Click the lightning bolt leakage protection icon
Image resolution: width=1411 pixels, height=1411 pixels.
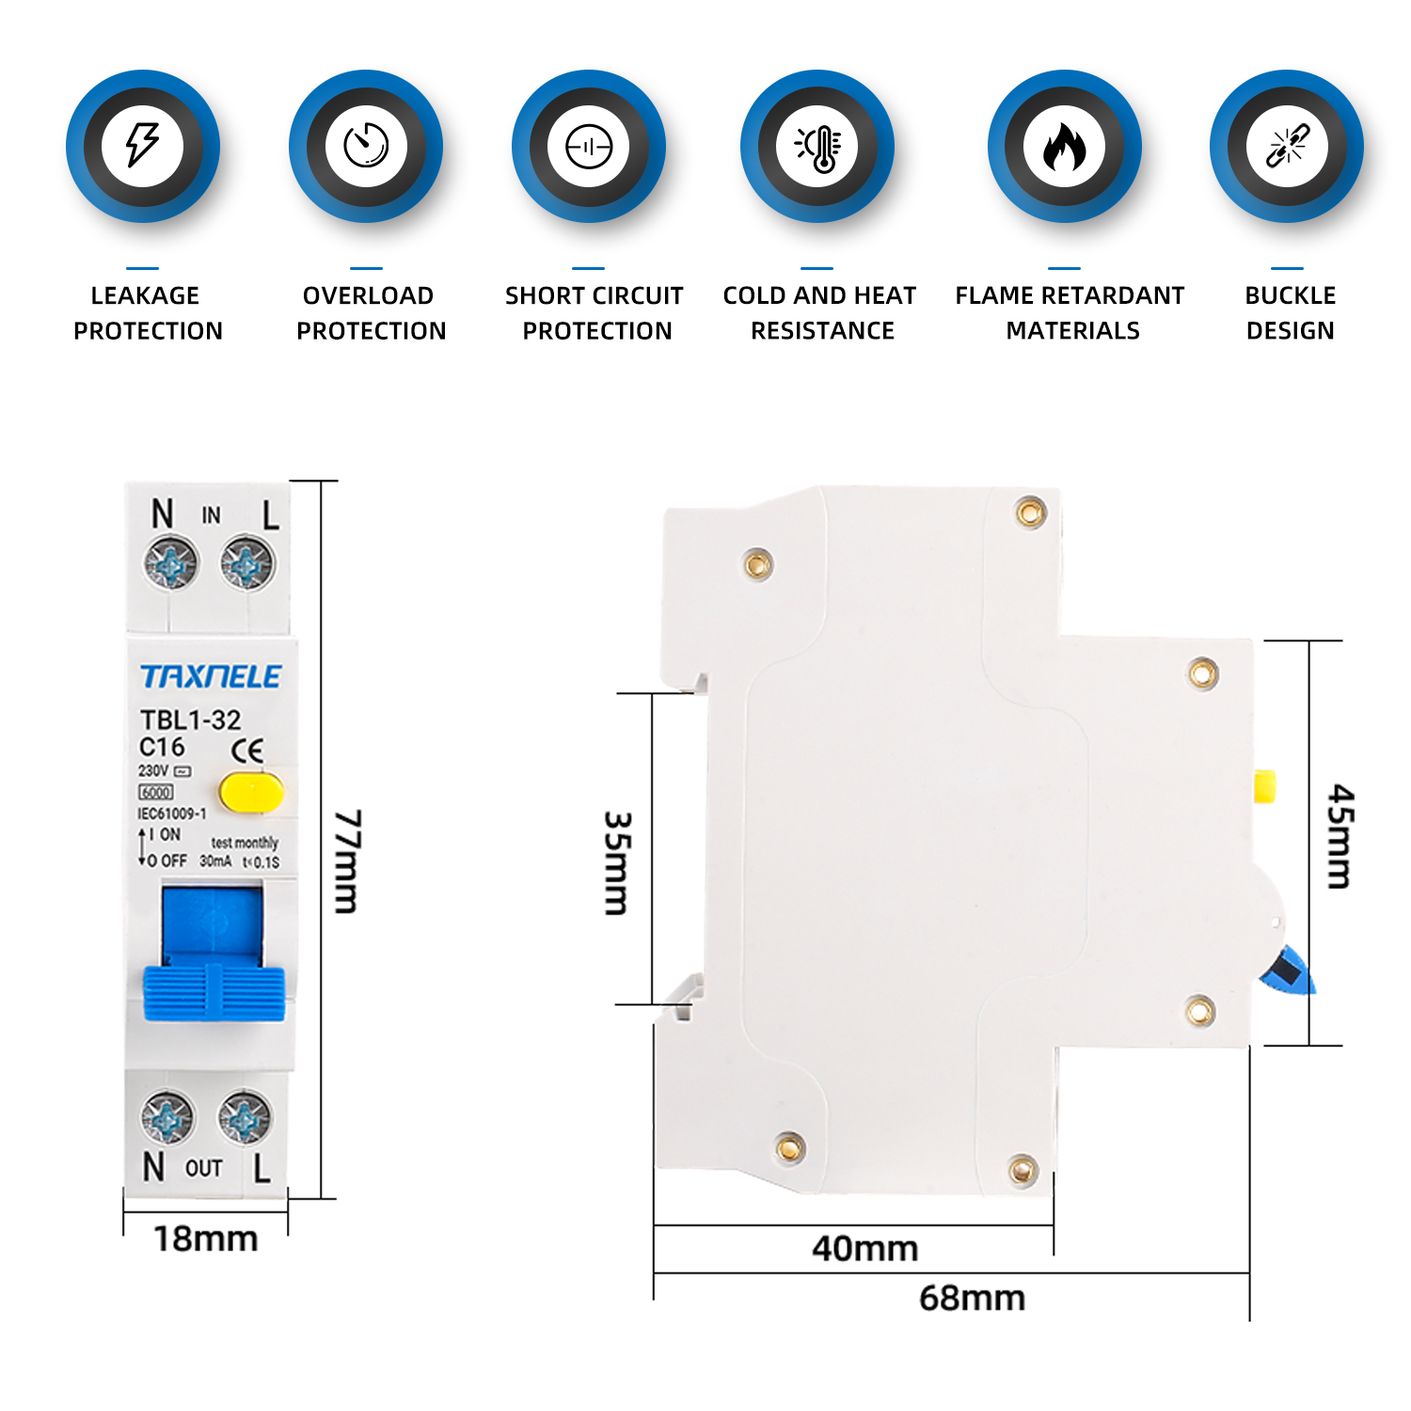click(143, 146)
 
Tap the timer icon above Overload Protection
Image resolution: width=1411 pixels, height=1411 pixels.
click(366, 146)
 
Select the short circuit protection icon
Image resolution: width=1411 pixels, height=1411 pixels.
click(589, 147)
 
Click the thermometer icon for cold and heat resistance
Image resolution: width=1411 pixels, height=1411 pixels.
click(818, 147)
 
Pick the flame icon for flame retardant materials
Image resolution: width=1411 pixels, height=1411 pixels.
click(1065, 147)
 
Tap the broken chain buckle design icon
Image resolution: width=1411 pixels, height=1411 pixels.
click(1287, 146)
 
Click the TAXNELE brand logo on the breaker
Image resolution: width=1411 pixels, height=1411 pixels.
click(211, 676)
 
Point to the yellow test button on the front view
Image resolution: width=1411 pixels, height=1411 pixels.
click(251, 792)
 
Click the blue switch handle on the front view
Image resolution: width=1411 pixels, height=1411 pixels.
click(214, 991)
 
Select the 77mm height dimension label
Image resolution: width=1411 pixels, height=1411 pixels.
click(347, 861)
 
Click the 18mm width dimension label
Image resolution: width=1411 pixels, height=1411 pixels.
click(206, 1239)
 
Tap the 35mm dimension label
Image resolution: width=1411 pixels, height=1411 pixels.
click(617, 863)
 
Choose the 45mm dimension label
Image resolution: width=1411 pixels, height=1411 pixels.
click(1340, 836)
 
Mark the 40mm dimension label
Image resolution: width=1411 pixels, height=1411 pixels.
click(864, 1249)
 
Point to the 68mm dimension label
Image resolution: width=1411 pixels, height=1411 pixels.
click(972, 1298)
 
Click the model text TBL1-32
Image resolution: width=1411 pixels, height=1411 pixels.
click(190, 720)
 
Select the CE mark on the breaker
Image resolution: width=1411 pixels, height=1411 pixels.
click(248, 750)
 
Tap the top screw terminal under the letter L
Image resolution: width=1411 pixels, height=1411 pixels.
click(246, 564)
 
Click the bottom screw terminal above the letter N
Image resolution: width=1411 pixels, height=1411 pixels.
click(167, 1118)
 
